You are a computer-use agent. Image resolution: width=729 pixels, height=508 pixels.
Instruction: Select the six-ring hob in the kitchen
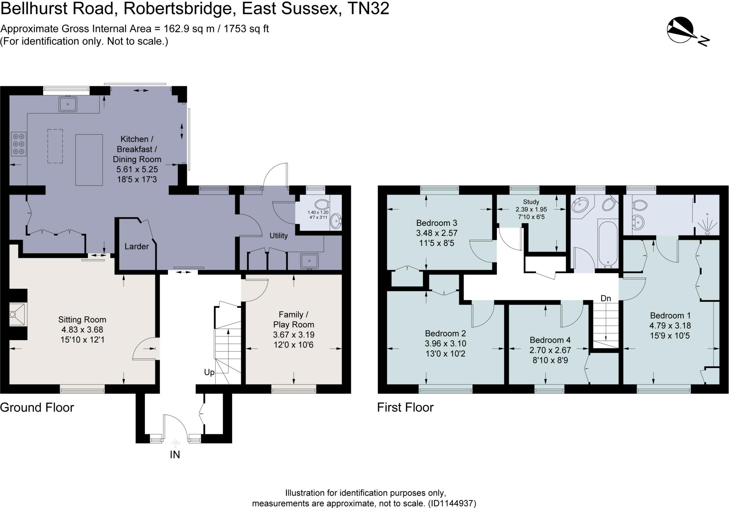(19, 144)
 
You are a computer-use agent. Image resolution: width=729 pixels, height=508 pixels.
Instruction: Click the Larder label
(137, 247)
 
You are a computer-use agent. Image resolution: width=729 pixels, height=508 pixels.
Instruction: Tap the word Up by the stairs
(209, 372)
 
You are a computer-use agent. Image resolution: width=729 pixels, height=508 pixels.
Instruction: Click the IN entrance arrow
(175, 444)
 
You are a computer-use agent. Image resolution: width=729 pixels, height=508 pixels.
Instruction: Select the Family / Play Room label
(293, 320)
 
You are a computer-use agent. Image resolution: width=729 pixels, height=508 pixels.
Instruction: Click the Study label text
(531, 202)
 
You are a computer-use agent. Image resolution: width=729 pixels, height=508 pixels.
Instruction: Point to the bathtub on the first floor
(608, 243)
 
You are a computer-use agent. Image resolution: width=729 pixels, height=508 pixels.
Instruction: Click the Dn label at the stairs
(605, 298)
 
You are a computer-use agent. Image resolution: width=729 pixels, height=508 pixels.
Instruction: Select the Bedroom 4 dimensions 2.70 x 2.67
(550, 350)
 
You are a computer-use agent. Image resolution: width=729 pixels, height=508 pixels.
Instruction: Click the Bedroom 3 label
(437, 223)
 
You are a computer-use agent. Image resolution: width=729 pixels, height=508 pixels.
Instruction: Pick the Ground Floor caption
(37, 408)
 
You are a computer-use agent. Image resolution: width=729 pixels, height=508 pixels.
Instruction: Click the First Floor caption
(405, 408)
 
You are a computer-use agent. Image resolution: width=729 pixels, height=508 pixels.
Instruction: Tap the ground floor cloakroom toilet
(321, 204)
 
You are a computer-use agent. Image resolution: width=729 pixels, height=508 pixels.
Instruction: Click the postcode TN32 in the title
(368, 9)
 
